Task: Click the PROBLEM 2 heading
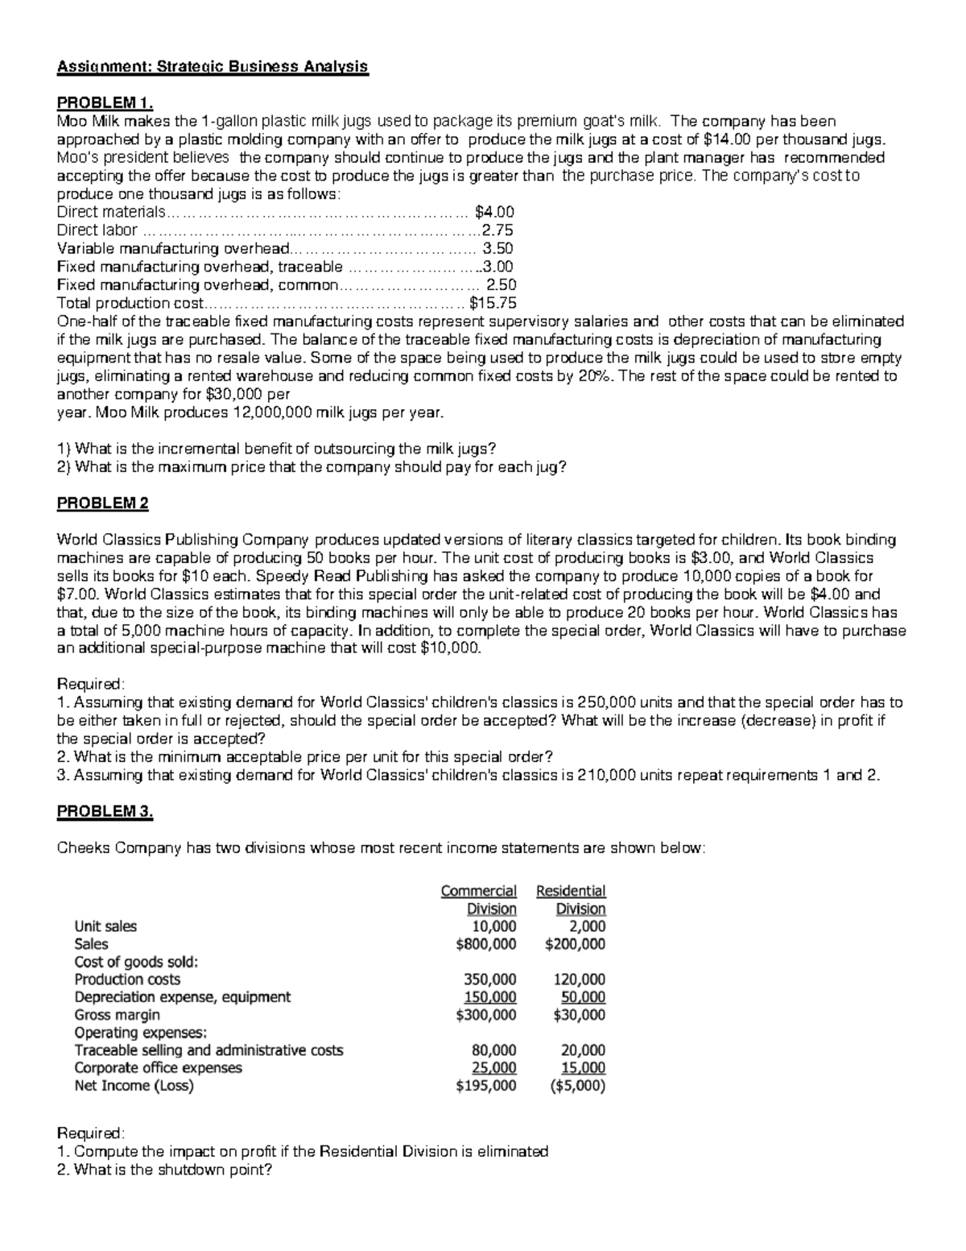102,503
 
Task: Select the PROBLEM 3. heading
105,812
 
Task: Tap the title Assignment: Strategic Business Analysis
213,67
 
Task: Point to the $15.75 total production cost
493,304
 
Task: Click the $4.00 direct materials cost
494,213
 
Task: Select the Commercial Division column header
479,900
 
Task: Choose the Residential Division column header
571,900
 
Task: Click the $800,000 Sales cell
486,944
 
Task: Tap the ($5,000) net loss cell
576,1086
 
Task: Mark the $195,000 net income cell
486,1086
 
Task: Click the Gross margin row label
117,1015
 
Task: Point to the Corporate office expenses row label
158,1068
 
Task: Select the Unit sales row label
105,926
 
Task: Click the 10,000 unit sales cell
494,926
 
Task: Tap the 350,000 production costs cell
490,980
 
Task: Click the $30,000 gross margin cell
580,1015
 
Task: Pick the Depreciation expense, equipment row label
182,997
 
